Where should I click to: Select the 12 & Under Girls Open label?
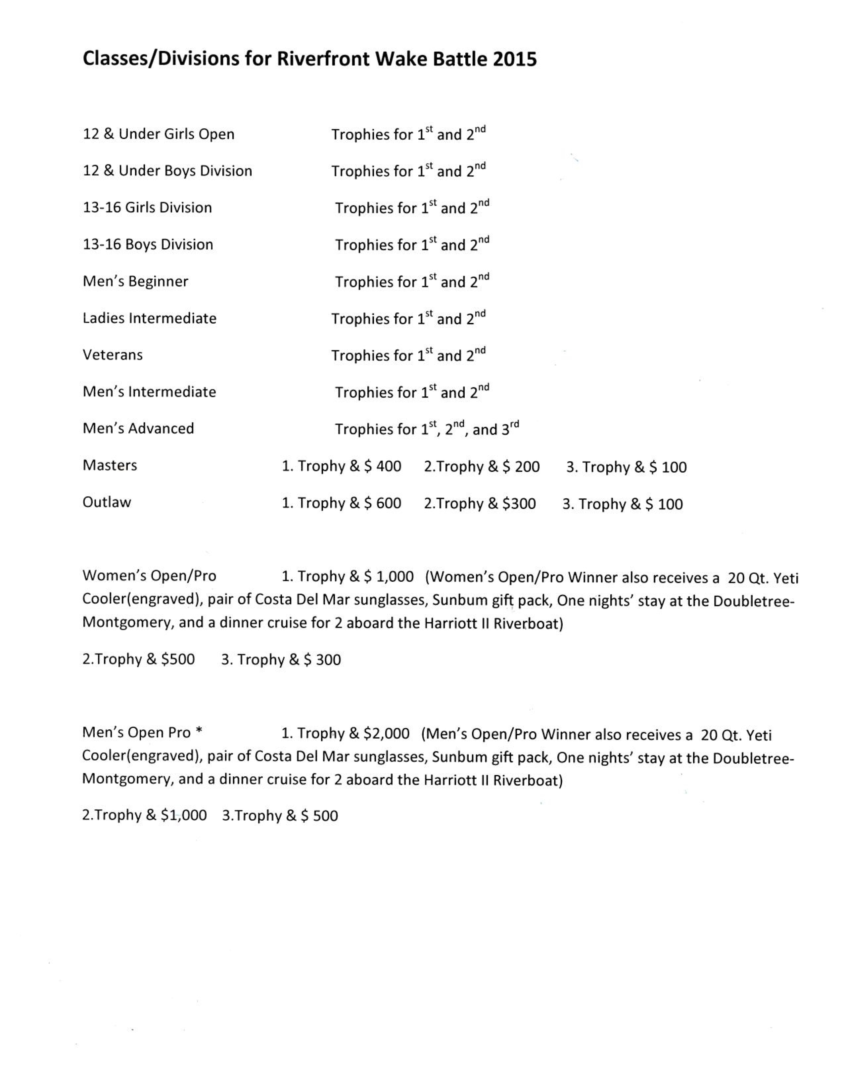159,134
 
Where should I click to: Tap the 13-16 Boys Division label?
148,245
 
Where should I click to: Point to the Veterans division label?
113,355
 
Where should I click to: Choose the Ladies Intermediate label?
150,318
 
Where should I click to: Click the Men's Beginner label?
135,282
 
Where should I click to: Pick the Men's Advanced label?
138,429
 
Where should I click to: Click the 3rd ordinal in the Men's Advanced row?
507,429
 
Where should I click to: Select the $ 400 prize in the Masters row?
383,466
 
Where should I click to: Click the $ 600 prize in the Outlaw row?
383,503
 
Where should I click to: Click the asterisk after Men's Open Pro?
199,732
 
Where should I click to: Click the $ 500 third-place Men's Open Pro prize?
319,815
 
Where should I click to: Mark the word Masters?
110,466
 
